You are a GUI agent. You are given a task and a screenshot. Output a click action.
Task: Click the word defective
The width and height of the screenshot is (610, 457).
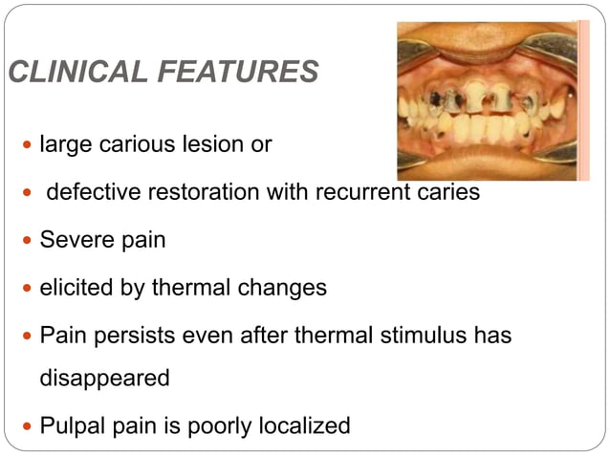tap(91, 192)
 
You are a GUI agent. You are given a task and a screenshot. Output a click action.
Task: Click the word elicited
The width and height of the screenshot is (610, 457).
tap(76, 287)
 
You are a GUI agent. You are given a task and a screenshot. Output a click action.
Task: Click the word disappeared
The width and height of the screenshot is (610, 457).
tap(104, 378)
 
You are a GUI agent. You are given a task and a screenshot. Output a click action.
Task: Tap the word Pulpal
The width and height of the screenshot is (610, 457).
tap(73, 425)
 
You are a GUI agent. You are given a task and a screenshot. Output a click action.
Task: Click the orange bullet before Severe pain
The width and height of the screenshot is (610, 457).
tap(27, 240)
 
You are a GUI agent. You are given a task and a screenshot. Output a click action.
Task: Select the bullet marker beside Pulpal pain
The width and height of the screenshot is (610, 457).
tap(27, 426)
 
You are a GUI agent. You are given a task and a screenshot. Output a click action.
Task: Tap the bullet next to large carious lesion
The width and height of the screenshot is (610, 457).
tap(27, 146)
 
